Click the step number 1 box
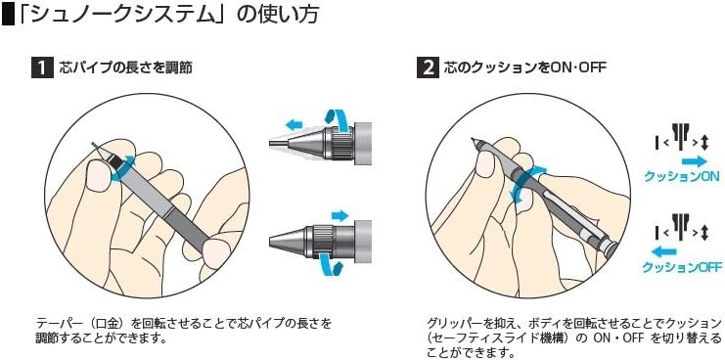(42, 68)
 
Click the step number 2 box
(428, 68)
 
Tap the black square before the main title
(8, 14)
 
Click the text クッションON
(682, 176)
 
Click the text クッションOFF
(682, 267)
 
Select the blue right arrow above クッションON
(694, 161)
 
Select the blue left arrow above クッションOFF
(663, 251)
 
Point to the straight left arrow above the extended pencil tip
(294, 124)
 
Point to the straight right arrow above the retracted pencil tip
(340, 215)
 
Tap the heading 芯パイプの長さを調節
(126, 68)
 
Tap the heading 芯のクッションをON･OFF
(524, 68)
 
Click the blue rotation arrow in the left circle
(122, 167)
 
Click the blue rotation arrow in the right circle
(527, 186)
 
